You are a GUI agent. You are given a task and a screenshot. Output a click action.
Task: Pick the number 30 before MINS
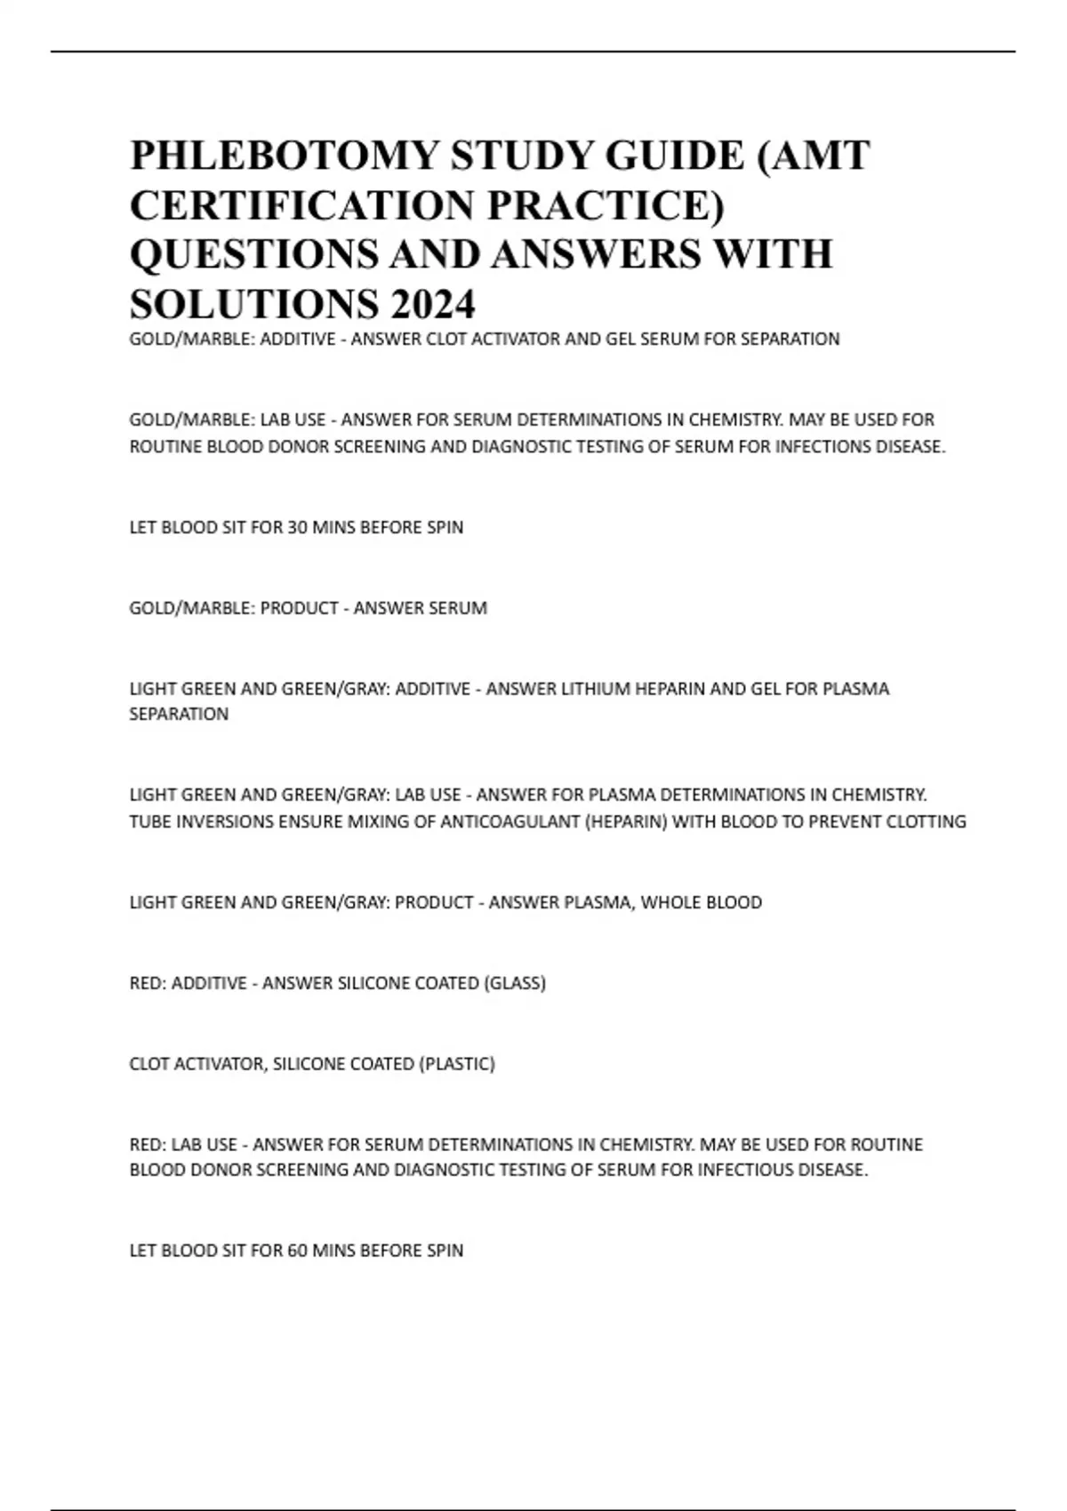(297, 527)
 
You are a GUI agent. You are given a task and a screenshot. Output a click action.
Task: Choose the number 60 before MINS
(297, 1251)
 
